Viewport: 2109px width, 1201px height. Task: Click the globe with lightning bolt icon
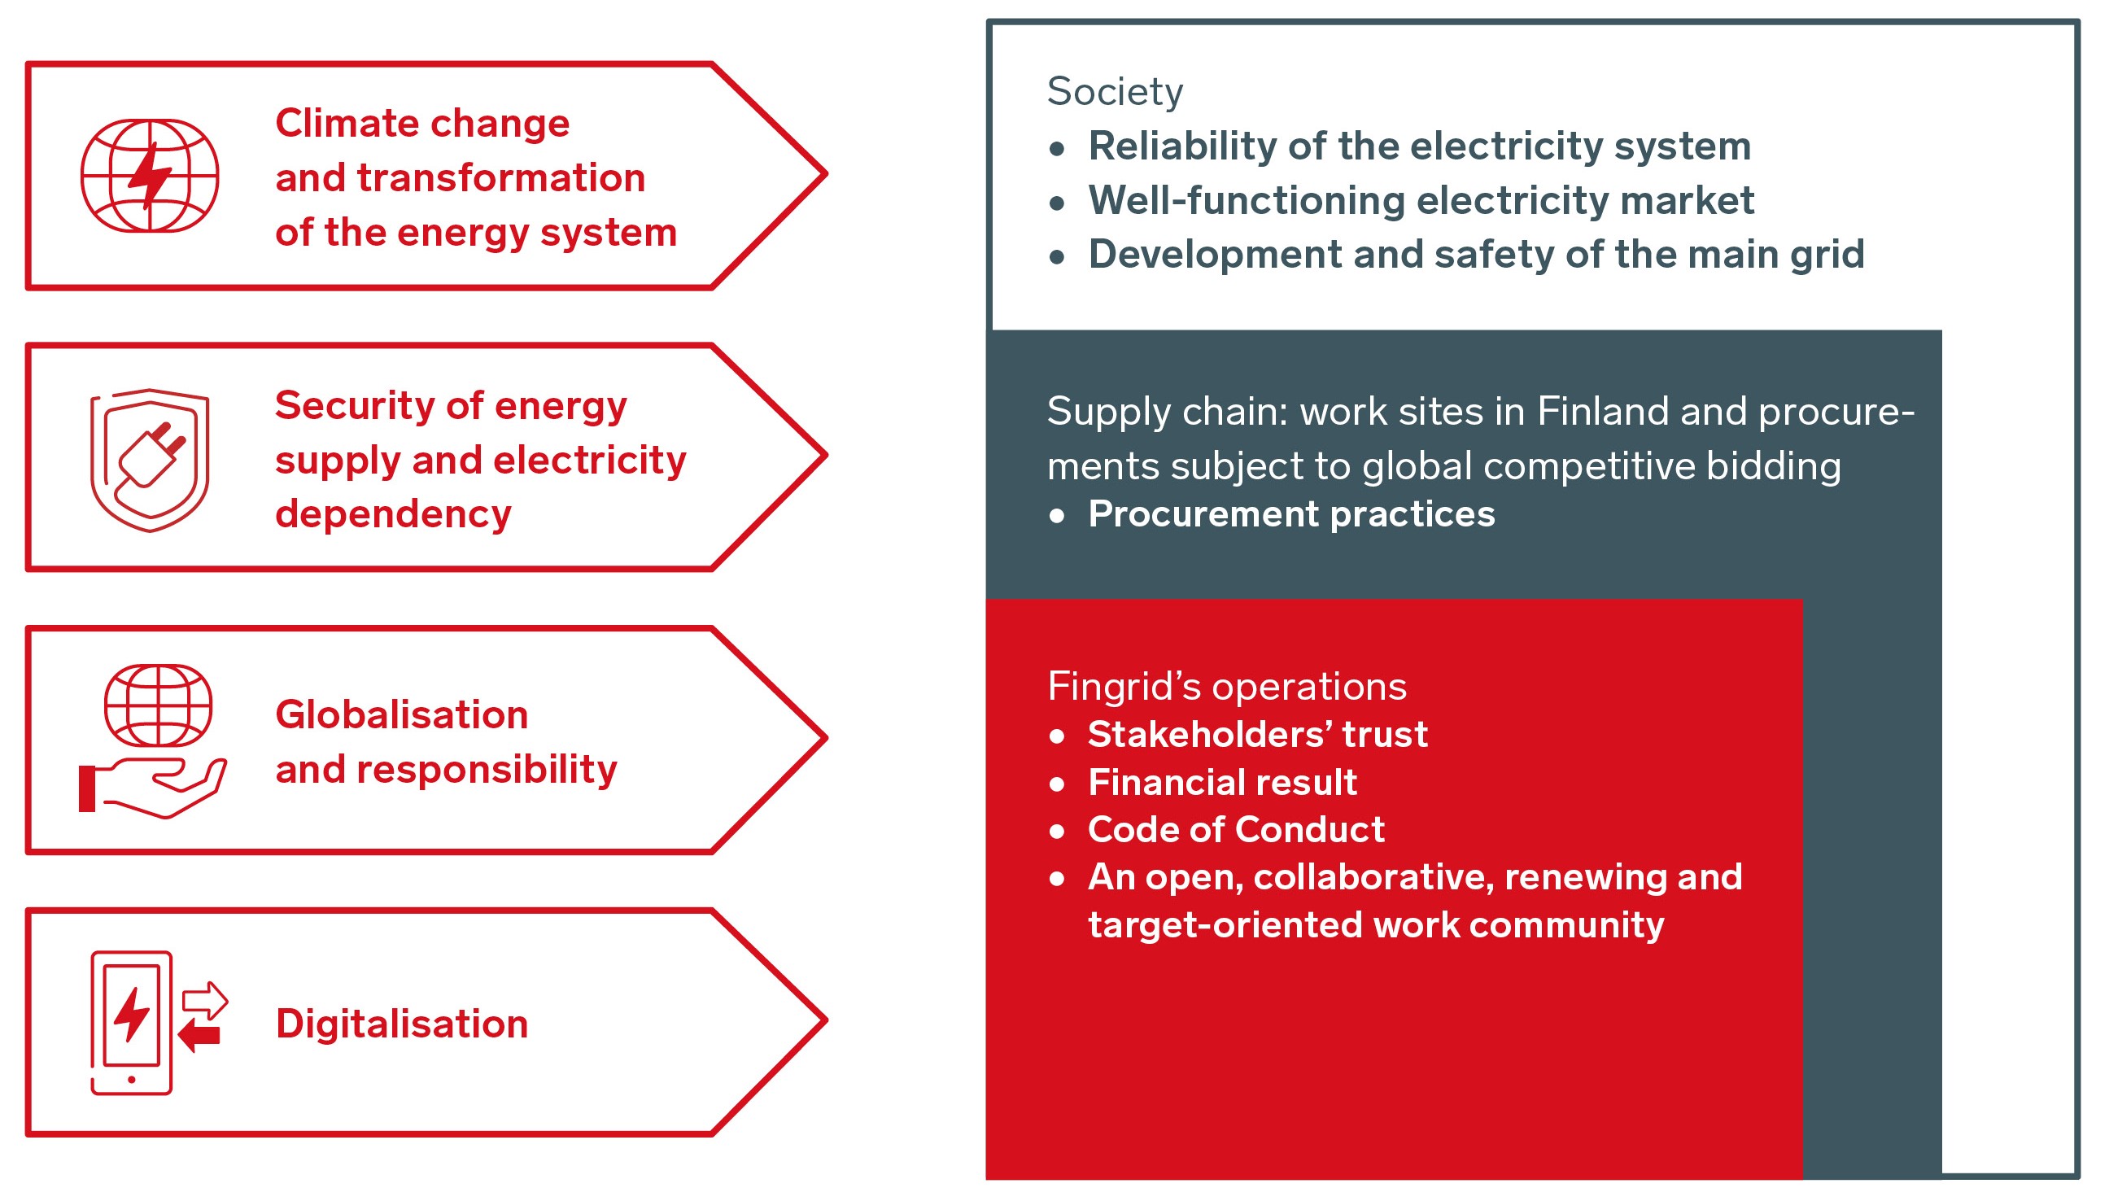[x=149, y=175]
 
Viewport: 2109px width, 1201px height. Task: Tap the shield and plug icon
[x=149, y=461]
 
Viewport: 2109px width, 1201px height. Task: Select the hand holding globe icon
[x=153, y=741]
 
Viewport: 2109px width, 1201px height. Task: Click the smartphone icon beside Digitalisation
[x=131, y=1023]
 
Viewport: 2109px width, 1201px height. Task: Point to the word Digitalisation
[x=402, y=1024]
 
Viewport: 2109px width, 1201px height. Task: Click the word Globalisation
[x=402, y=714]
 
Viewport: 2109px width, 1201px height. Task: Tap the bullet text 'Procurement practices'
[x=1290, y=514]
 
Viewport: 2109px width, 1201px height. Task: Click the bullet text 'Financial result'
[x=1222, y=782]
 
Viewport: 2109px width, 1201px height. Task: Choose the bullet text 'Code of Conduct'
[x=1237, y=829]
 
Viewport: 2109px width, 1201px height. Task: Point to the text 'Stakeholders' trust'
[x=1258, y=734]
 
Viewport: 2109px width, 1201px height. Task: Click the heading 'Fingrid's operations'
[x=1226, y=686]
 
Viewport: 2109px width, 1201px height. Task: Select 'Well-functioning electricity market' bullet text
[x=1421, y=200]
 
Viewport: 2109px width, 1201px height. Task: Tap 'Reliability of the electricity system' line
[x=1420, y=146]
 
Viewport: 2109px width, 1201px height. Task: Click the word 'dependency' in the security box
[x=393, y=515]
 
